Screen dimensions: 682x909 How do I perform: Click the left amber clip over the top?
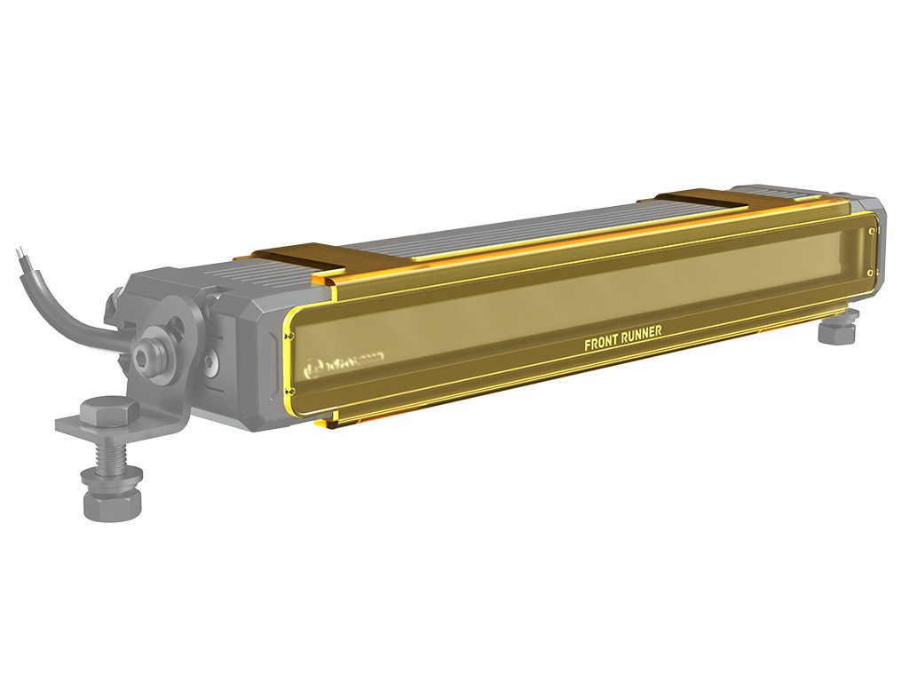tap(303, 257)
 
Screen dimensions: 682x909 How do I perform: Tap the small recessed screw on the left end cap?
tap(210, 361)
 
